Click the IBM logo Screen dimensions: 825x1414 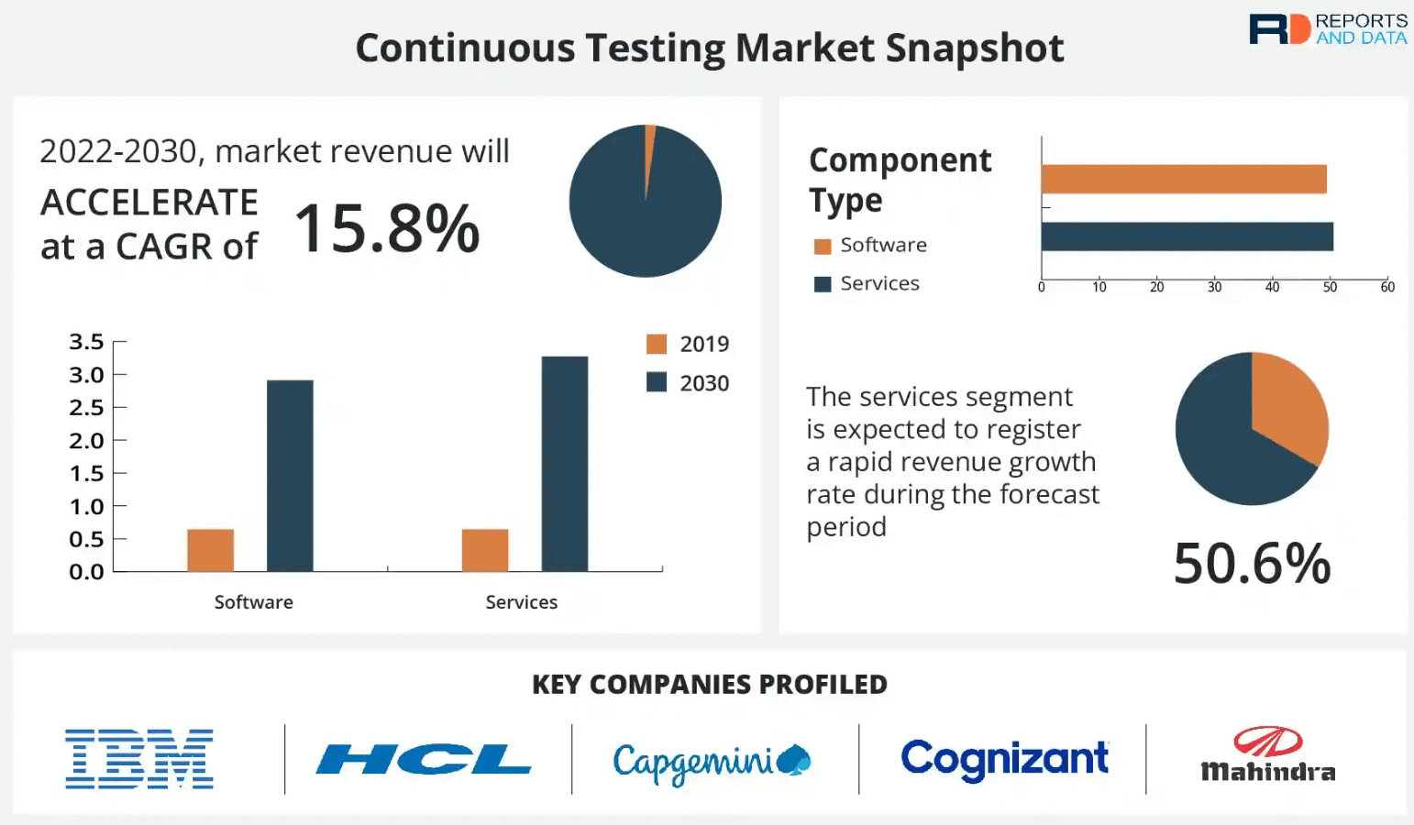coord(139,759)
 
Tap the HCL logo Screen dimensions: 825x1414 coord(424,759)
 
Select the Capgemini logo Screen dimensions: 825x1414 coord(712,762)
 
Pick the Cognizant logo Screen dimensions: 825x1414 coord(1005,759)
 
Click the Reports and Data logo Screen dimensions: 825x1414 coord(1328,29)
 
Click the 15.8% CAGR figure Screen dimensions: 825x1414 coord(387,228)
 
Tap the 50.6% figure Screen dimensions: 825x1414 coord(1252,563)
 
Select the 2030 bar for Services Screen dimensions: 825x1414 coord(565,464)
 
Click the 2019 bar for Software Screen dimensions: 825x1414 coord(211,550)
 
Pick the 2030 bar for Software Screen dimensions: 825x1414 coord(290,476)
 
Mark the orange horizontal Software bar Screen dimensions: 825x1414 coord(1184,180)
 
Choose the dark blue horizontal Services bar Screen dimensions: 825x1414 coord(1188,236)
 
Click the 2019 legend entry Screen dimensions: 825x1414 coord(688,345)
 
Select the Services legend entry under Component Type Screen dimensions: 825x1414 coord(867,284)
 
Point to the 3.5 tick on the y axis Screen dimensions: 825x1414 coord(86,342)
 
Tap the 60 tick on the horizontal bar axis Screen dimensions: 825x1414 coord(1387,288)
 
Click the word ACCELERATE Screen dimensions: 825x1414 coord(149,203)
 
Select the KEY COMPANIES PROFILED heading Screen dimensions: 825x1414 coord(710,685)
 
